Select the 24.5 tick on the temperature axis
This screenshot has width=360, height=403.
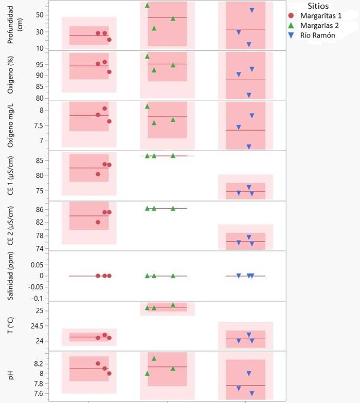coord(38,326)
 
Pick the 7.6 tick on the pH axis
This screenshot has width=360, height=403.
coord(40,394)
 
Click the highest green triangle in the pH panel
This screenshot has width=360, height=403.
coord(154,358)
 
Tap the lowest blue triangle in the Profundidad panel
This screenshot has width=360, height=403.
coord(249,45)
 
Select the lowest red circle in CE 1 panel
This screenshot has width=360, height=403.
coord(98,174)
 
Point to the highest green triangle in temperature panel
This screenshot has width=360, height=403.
coord(173,305)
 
